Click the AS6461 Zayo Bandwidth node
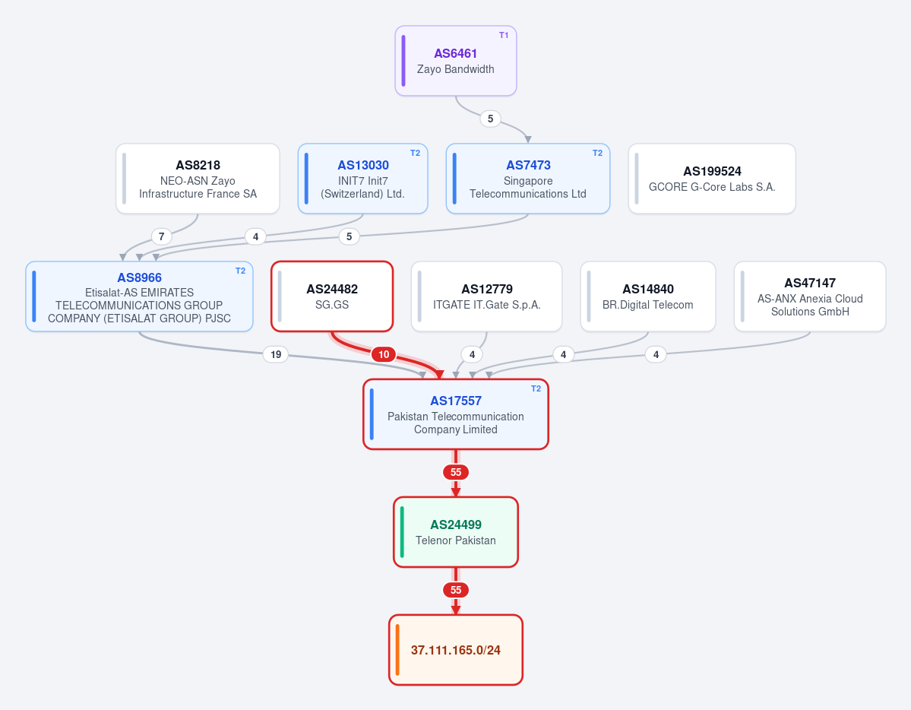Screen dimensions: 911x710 pos(456,61)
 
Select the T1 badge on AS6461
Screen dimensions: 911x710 pos(504,36)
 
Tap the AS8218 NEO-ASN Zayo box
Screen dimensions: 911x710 pos(198,179)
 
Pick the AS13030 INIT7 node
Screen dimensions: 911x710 pos(362,179)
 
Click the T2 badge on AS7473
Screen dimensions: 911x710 pos(597,153)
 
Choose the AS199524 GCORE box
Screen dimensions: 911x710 pos(712,179)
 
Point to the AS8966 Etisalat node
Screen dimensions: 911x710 pos(140,296)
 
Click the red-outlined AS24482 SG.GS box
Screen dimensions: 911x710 pos(332,296)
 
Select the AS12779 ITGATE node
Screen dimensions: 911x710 pos(487,296)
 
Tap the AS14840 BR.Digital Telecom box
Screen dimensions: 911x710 pos(648,296)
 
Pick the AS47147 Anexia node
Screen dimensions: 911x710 pos(810,296)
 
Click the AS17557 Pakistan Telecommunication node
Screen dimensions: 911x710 pos(456,414)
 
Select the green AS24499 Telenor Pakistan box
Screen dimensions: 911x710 pos(456,532)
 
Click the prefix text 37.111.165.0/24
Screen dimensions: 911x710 pos(456,650)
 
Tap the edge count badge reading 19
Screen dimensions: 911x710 pos(276,354)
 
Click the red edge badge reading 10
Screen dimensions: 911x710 pos(384,354)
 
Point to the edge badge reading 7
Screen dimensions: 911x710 pos(162,236)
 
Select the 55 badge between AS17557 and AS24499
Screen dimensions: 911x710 pos(456,472)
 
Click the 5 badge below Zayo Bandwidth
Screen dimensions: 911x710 pos(490,119)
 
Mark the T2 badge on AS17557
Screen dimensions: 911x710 pos(536,388)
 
